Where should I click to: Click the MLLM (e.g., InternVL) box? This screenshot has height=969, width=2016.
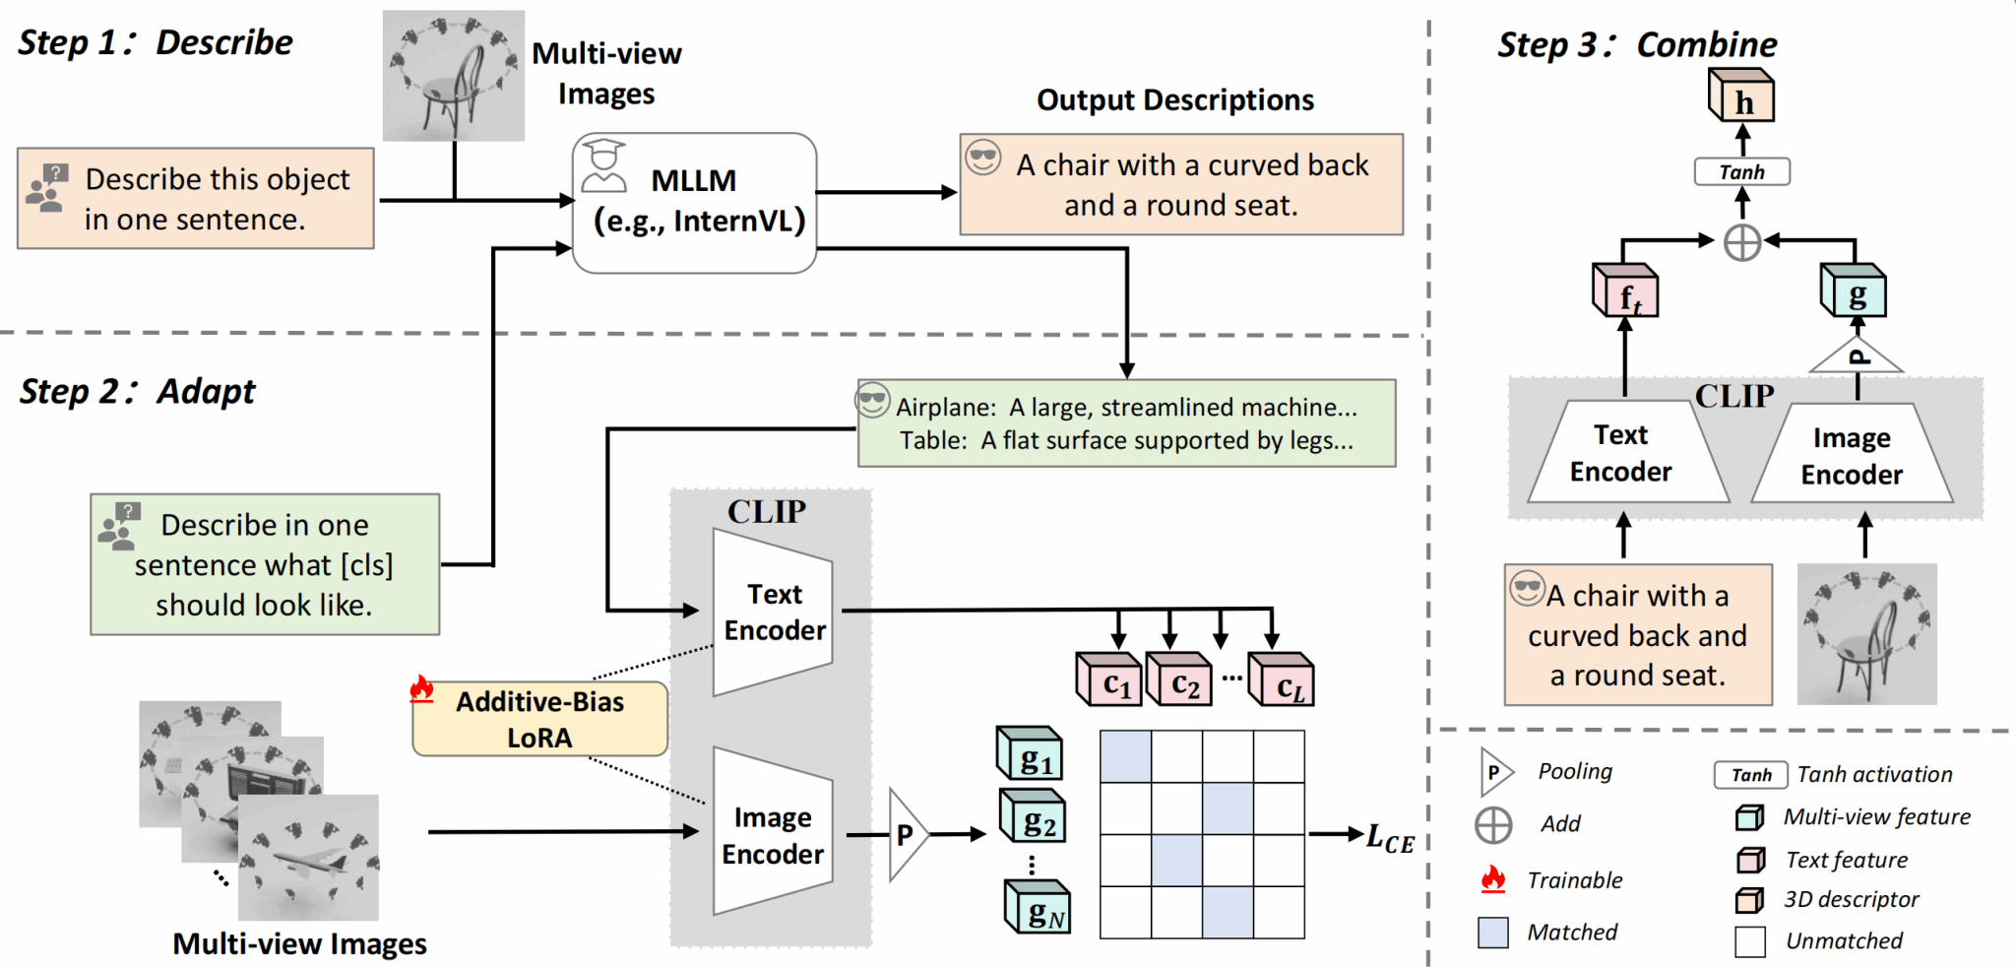pyautogui.click(x=694, y=202)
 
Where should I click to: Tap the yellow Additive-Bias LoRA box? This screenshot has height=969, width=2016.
pyautogui.click(x=539, y=719)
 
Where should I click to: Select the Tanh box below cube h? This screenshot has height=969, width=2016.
pyautogui.click(x=1741, y=172)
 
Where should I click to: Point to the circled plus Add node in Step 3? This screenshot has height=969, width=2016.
pyautogui.click(x=1742, y=241)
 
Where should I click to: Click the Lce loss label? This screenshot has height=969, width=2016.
pyautogui.click(x=1390, y=839)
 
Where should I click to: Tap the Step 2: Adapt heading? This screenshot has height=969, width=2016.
pyautogui.click(x=137, y=391)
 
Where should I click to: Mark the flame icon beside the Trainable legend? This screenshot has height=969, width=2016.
pyautogui.click(x=1493, y=878)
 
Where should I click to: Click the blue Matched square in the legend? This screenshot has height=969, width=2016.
pyautogui.click(x=1493, y=932)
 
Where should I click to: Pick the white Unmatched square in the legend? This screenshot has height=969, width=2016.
pyautogui.click(x=1750, y=941)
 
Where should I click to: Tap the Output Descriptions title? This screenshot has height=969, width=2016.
pyautogui.click(x=1175, y=99)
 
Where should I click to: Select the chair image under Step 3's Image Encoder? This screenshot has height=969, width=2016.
pyautogui.click(x=1866, y=634)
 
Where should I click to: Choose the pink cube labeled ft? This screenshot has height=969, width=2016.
pyautogui.click(x=1625, y=291)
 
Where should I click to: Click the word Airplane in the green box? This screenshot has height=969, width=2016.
pyautogui.click(x=945, y=408)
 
